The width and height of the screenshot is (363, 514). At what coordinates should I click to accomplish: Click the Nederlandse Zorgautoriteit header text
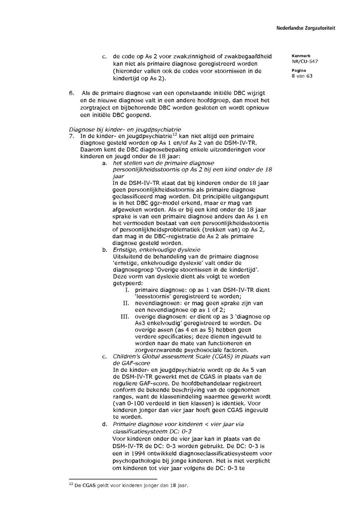tap(306, 28)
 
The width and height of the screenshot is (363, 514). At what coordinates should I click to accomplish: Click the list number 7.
tap(71, 136)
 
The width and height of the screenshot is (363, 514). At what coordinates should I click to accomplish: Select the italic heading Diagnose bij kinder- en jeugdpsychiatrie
tap(125, 130)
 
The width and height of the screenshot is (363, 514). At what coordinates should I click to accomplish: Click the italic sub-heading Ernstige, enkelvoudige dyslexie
tap(156, 250)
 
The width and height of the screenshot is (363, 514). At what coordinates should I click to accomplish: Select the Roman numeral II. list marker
tap(126, 303)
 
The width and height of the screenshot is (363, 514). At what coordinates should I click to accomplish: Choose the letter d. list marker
tap(104, 424)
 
